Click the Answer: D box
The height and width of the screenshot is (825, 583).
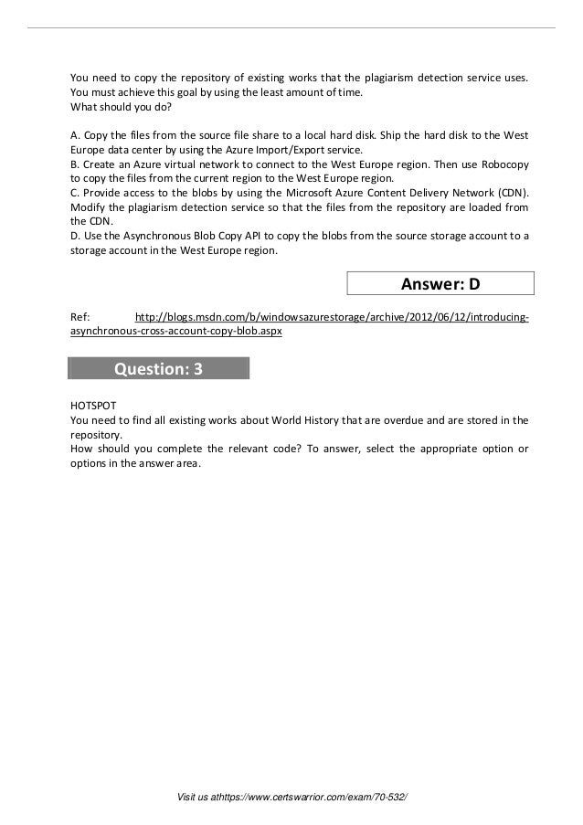(x=440, y=284)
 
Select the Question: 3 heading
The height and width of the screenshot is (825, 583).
(x=157, y=368)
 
